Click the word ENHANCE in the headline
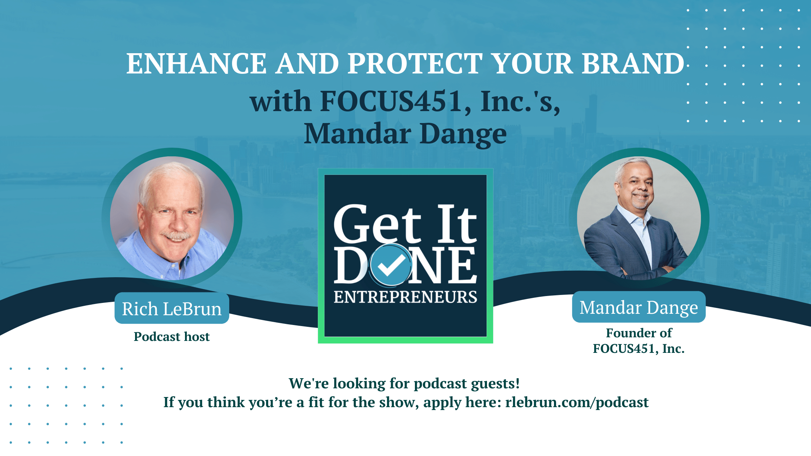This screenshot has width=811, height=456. pos(197,64)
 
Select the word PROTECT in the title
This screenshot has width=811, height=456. pos(415,64)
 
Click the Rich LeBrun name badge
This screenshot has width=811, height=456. pos(172,309)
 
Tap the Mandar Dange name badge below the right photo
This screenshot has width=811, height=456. pos(639,307)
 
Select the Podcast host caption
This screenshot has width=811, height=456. pos(172,337)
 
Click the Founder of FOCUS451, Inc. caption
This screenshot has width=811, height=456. pos(639,341)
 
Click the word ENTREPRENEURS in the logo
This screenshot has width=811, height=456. pos(405,297)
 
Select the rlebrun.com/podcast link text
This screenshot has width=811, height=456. pos(577,402)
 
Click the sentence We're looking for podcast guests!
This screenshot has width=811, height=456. pos(404,383)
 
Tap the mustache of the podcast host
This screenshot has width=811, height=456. pos(176,236)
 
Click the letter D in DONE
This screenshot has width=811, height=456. pos(350,265)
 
